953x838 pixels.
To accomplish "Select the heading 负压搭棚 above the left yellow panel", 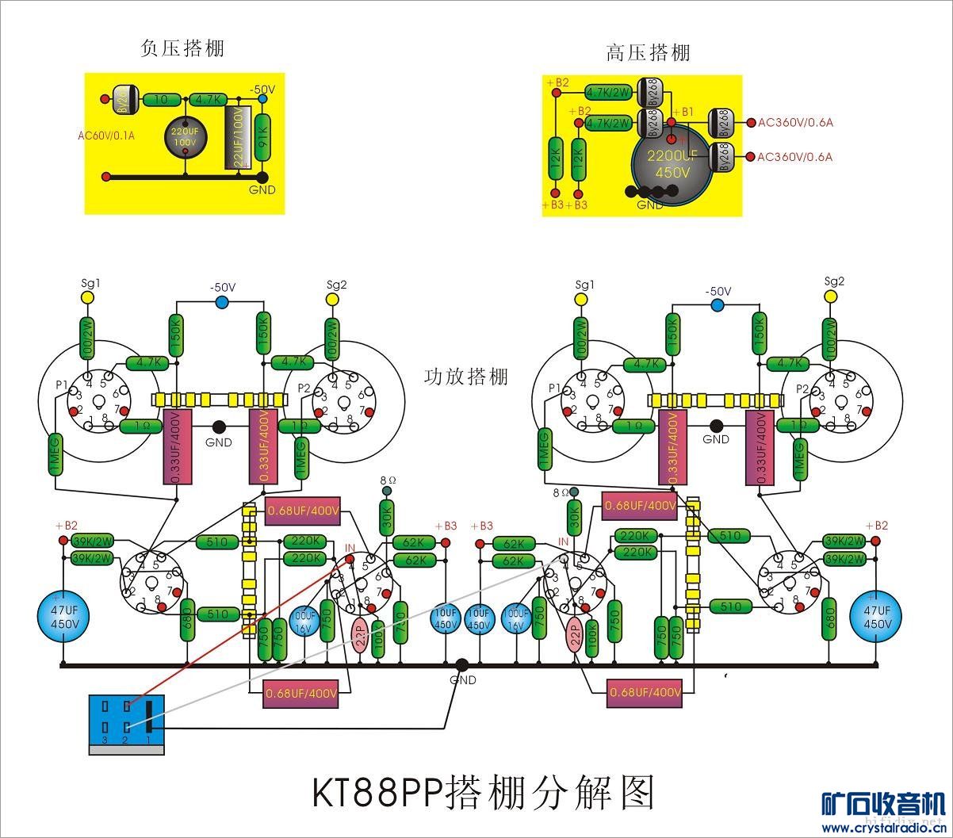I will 182,48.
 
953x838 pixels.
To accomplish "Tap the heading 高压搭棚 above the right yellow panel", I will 648,52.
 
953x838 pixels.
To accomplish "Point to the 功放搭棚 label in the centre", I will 466,376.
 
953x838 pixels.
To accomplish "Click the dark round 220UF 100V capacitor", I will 185,136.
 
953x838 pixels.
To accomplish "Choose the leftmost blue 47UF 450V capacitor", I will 63,617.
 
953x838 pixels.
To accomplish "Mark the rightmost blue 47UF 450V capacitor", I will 877,617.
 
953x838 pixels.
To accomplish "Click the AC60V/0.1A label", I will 106,135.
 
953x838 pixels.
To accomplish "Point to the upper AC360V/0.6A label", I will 795,123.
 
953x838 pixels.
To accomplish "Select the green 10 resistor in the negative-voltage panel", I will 162,99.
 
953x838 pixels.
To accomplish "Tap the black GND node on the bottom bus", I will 461,666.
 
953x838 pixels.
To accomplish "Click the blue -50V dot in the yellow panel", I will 262,99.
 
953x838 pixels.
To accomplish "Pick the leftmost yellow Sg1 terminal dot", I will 88,298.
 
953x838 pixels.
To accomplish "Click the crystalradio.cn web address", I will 882,828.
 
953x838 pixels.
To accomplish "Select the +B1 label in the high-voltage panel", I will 683,112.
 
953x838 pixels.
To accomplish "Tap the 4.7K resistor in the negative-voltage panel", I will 208,99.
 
